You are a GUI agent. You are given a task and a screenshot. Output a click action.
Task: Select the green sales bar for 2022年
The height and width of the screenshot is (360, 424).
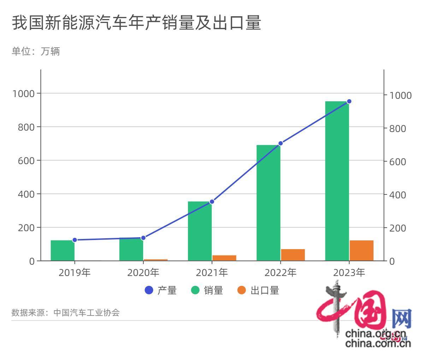coord(269,203)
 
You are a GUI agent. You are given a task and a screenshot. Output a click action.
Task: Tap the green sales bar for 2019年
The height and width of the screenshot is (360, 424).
coord(63,251)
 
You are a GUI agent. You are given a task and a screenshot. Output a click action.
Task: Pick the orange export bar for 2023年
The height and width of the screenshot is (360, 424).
coord(361,251)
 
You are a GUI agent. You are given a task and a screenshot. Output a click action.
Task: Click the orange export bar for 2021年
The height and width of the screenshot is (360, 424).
coord(224,258)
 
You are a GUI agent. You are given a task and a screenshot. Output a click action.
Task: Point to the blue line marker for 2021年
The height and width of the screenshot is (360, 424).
coord(212,202)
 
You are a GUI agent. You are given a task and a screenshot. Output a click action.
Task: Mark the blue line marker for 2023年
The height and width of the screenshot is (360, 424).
coord(349,101)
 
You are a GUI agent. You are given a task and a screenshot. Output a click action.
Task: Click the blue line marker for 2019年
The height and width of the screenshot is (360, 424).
coord(75,240)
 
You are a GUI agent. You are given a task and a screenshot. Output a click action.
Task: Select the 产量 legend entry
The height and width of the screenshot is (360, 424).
coord(161,290)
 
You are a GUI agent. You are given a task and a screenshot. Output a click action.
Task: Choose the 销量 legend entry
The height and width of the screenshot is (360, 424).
coord(207,290)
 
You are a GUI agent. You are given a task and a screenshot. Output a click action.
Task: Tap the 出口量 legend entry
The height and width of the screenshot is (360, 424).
coord(258,290)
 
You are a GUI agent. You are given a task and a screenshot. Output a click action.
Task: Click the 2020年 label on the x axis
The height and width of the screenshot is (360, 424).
coord(143,272)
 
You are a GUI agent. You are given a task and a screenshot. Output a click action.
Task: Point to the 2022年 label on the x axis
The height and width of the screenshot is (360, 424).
coord(281,272)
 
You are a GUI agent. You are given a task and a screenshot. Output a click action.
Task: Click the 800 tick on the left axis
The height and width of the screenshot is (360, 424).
coord(26,127)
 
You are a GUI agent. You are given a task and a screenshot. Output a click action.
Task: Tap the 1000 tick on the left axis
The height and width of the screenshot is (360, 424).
coord(23,94)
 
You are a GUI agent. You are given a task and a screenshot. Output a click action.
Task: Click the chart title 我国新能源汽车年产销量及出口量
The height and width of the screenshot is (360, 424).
coord(136,23)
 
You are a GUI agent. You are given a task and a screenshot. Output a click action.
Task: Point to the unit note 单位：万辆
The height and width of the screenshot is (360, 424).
coord(36,52)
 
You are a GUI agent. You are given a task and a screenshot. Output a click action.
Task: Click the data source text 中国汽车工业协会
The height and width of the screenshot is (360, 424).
coord(87,313)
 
